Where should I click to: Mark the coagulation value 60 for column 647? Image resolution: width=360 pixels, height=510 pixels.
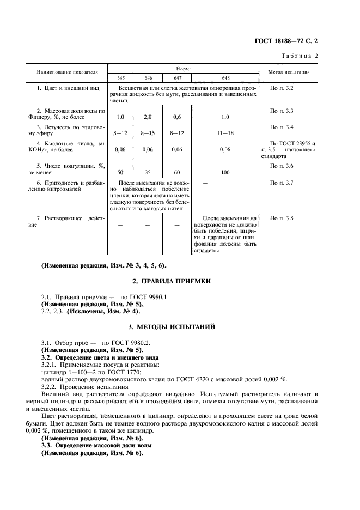click(176, 172)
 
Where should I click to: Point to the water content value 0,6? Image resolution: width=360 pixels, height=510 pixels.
click(176, 117)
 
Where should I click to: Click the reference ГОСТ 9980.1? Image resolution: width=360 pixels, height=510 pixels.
click(134, 296)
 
